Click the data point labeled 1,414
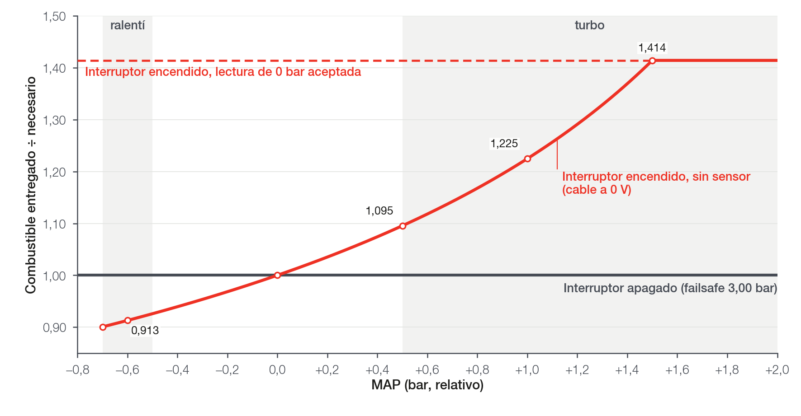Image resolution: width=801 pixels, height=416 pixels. pos(652,61)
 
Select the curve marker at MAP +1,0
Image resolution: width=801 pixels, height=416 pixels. pos(527,159)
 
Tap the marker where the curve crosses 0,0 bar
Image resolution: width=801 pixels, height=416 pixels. pos(277,275)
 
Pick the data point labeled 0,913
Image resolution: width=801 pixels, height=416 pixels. pos(128,320)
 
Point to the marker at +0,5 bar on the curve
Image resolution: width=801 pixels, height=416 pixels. pos(403,226)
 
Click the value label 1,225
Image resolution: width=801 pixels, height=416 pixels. pos(504,144)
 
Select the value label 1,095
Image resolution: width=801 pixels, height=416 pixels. pos(379,211)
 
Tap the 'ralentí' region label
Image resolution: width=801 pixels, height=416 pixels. pos(128,25)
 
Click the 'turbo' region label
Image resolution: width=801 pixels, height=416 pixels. pos(590,25)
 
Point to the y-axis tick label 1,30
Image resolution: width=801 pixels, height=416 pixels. pos(54,120)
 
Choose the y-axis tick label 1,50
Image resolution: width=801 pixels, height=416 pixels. pos(54,17)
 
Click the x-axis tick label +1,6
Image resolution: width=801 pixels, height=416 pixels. pos(677,370)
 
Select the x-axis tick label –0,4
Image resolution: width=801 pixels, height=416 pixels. pos(177,370)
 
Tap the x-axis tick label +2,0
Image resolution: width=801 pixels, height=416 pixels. pos(777,370)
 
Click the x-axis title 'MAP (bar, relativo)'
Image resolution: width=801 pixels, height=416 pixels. pos(427,385)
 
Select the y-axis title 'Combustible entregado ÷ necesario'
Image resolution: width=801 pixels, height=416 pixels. pos(31,185)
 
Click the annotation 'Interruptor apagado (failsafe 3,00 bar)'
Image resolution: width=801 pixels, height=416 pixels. pos(670,288)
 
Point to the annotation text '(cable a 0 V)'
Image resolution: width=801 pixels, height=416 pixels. pos(597,190)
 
